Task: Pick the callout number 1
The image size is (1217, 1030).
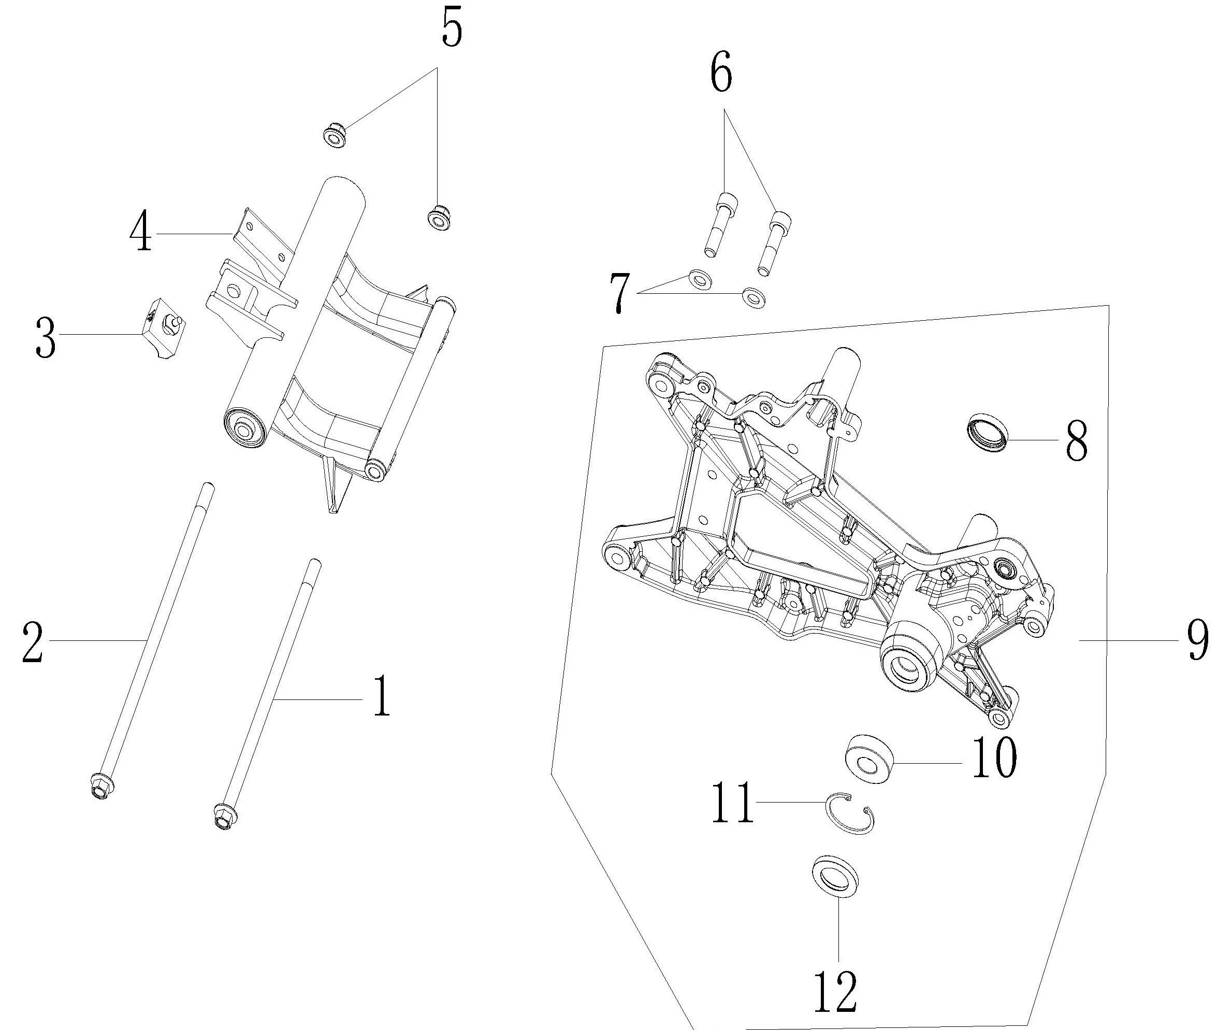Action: point(381,695)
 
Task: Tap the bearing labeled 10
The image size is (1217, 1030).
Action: point(869,760)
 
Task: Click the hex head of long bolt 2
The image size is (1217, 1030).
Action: point(102,786)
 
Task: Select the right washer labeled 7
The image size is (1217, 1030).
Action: point(754,297)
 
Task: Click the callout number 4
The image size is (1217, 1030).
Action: point(141,233)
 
